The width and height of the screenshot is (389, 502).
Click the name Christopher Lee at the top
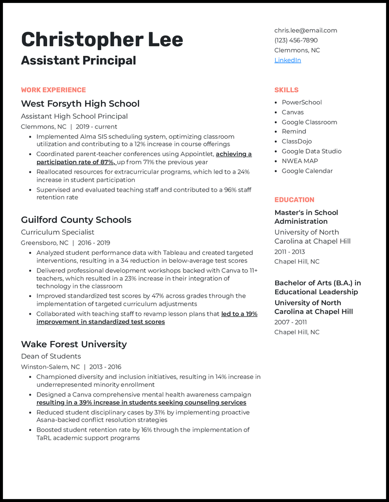102,39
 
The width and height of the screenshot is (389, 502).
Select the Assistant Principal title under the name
78,60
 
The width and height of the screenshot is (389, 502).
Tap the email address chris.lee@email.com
305,30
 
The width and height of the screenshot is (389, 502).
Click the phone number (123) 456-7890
296,40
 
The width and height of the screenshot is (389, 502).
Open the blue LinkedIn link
287,60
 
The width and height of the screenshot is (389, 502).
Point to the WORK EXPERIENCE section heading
53,90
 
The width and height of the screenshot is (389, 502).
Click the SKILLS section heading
286,90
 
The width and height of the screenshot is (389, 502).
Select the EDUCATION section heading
294,200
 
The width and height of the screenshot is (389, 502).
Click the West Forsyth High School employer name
80,104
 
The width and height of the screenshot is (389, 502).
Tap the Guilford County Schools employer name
76,220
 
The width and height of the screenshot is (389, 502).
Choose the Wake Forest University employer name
74,344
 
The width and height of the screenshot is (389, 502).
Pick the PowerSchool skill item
301,103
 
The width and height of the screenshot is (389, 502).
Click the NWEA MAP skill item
300,161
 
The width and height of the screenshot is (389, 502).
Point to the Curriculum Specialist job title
57,233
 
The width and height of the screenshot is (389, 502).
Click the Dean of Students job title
51,357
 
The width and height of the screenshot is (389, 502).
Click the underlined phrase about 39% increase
141,403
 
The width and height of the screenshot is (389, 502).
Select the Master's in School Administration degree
306,217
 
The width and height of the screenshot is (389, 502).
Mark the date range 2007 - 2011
290,322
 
